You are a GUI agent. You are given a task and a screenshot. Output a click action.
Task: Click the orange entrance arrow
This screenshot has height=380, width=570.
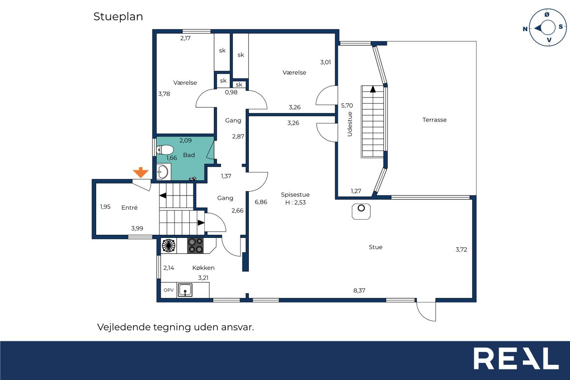(x=140, y=172)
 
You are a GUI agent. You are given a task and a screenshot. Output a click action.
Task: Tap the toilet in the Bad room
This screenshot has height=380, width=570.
(x=165, y=150)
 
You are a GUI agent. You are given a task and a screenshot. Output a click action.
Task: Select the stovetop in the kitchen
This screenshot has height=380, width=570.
(x=195, y=245)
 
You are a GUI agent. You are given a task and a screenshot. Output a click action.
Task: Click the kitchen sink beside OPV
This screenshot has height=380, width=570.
(x=185, y=290)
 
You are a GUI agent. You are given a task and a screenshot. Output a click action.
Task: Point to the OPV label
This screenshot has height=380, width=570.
(x=169, y=290)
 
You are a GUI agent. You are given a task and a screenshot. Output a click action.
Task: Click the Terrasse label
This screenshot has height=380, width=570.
(x=434, y=120)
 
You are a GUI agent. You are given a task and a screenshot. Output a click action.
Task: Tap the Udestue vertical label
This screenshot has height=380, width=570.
(x=350, y=124)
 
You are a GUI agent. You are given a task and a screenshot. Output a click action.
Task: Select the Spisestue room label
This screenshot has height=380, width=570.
(x=295, y=194)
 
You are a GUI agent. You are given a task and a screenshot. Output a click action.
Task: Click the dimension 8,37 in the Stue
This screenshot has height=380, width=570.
(x=359, y=290)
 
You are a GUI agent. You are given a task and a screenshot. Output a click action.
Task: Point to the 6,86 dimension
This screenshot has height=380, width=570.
(x=261, y=202)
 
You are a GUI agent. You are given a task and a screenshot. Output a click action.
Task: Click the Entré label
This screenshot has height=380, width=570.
(x=129, y=208)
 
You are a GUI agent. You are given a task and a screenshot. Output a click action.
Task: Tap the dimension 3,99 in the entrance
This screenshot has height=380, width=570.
(x=137, y=228)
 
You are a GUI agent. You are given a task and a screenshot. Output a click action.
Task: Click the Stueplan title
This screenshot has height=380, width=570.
(x=118, y=17)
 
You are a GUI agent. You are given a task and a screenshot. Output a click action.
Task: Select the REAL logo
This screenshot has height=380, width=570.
(x=516, y=358)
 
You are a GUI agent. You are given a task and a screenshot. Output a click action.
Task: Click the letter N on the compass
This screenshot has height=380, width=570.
(x=525, y=29)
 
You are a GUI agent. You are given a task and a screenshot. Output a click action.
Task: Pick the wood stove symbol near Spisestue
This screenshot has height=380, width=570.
(x=361, y=212)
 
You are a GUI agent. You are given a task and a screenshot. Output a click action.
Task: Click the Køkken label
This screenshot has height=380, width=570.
(x=204, y=268)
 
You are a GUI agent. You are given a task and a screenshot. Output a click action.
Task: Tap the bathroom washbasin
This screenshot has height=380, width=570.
(x=163, y=172)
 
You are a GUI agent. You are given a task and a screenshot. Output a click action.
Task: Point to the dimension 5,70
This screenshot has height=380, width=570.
(x=347, y=106)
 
